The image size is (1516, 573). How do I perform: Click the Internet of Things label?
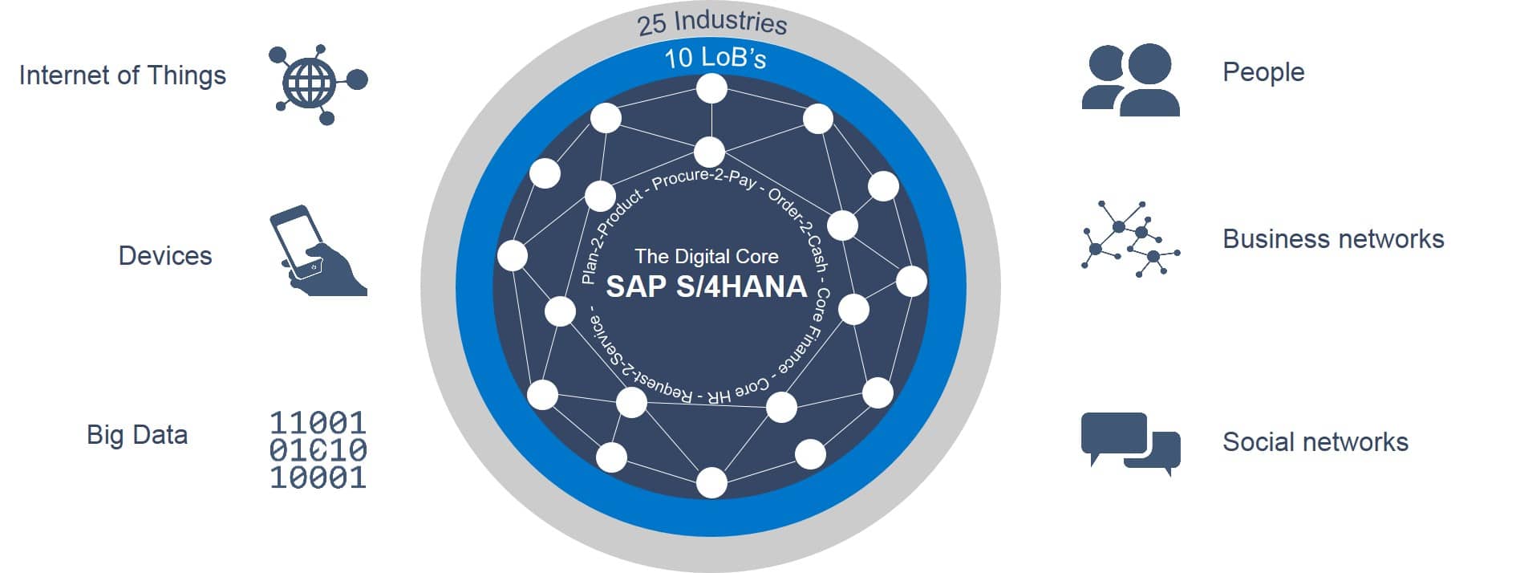point(122,75)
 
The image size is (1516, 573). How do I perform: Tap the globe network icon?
point(318,84)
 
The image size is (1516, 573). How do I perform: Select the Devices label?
point(165,255)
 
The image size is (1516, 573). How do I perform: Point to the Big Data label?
point(137,435)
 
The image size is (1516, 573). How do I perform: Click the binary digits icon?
point(318,450)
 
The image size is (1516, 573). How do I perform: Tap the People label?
point(1263,72)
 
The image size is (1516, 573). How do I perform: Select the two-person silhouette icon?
point(1131,79)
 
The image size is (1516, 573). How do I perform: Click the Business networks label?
point(1333,239)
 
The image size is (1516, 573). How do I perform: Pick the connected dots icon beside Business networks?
point(1131,239)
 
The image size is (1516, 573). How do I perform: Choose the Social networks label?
point(1315,442)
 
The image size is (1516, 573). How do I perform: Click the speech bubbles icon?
point(1131,444)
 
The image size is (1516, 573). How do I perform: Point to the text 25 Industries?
point(712,22)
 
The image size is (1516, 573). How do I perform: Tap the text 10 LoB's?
point(715,58)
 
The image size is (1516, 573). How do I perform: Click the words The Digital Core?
point(707,256)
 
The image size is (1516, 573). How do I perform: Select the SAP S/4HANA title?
point(707,286)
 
